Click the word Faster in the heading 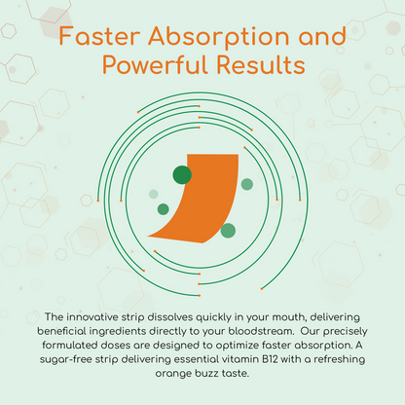tap(99, 36)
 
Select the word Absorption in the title tap(219, 37)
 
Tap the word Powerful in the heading tap(155, 65)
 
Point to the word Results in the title tap(261, 65)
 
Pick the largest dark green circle tap(182, 175)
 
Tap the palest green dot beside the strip tap(154, 194)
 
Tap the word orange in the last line tap(173, 374)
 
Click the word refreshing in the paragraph tap(340, 360)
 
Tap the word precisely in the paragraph tap(346, 332)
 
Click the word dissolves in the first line tap(167, 317)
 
